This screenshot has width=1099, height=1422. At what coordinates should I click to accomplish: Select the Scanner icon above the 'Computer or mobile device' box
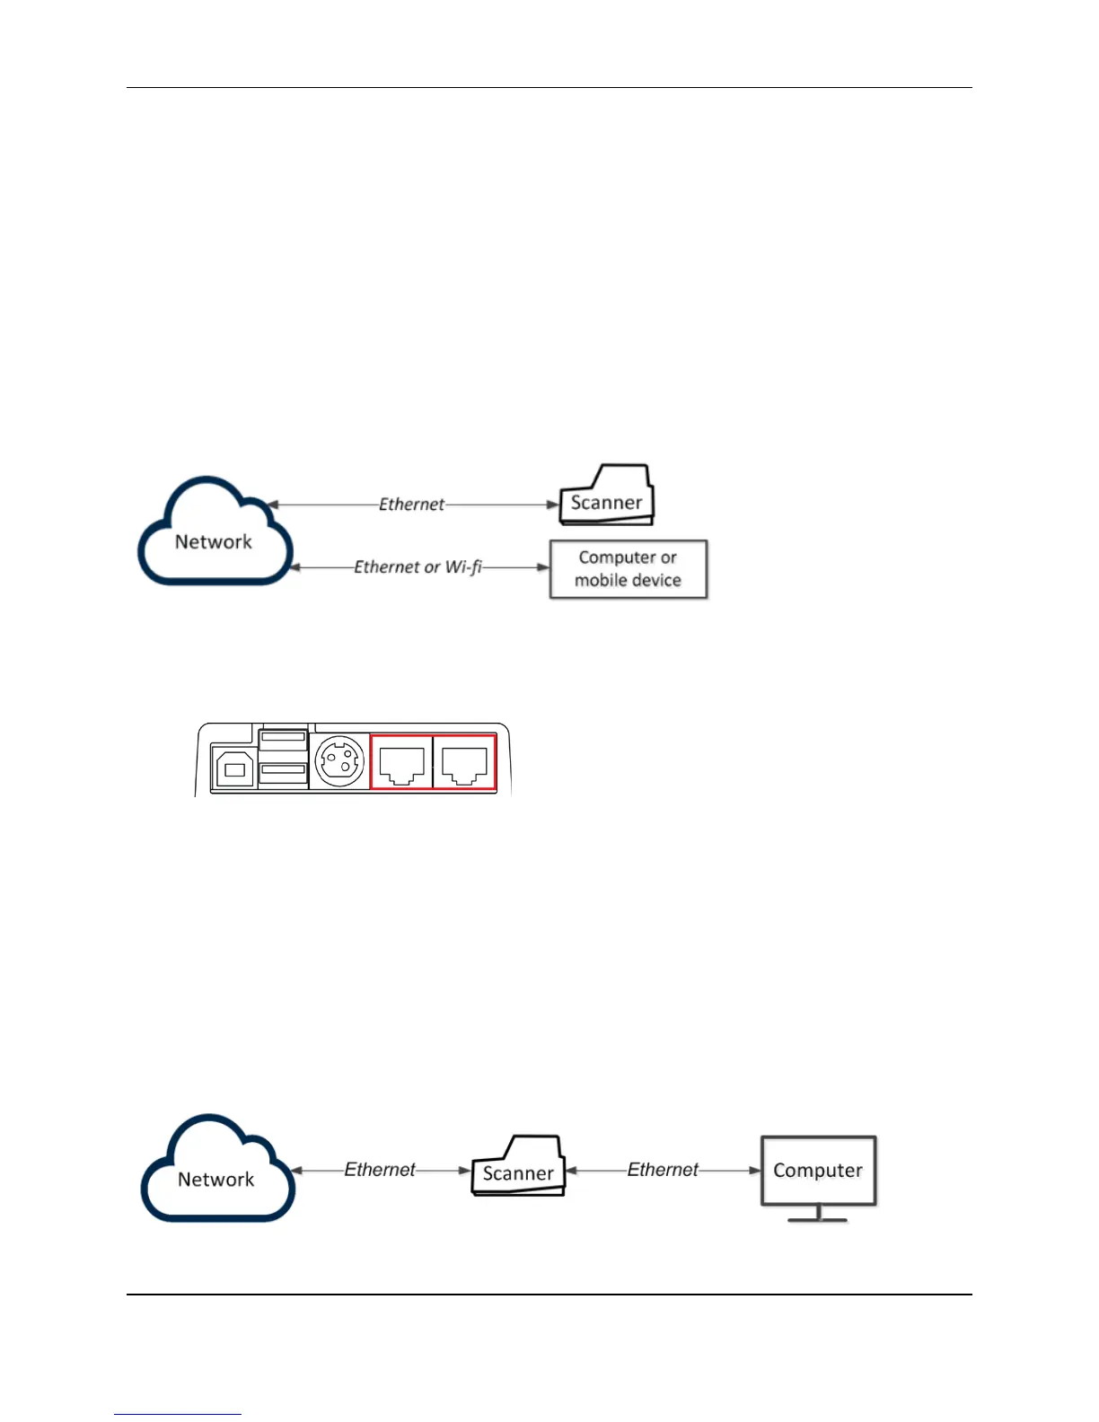coord(607,496)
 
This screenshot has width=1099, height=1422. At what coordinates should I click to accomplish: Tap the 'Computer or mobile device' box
coord(628,569)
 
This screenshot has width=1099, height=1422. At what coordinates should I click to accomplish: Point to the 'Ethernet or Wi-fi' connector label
coord(418,567)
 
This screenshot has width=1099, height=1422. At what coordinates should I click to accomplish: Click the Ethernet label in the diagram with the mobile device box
coord(411,505)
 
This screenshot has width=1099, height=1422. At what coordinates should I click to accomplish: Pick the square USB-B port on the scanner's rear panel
coord(234,769)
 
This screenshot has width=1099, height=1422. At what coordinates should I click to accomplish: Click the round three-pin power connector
coord(340,762)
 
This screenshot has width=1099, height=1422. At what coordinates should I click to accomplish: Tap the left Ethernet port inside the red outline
coord(401,764)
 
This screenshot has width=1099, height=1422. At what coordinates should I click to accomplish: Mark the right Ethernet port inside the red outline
coord(464,764)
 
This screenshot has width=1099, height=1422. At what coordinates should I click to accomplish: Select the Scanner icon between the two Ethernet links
coord(519,1169)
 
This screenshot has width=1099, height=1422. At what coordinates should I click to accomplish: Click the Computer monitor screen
coord(818,1171)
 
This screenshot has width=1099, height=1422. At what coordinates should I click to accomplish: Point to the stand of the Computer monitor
coord(818,1215)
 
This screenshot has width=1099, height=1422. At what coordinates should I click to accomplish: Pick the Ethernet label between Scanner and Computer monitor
coord(663,1170)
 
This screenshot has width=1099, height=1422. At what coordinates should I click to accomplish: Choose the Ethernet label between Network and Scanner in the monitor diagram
coord(380,1170)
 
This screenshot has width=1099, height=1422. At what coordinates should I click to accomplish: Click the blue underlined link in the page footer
coord(178,1413)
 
